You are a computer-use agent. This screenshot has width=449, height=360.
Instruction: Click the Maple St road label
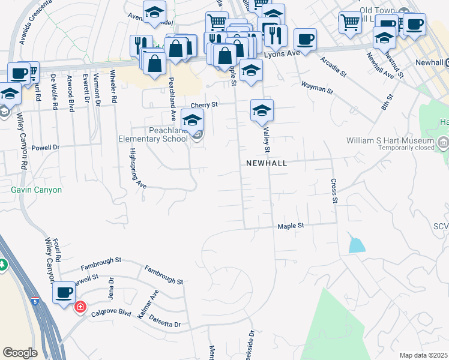292,226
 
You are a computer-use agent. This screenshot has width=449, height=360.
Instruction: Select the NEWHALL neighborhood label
267,163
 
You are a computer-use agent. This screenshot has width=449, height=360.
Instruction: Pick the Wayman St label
317,87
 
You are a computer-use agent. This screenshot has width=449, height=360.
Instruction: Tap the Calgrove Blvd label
111,313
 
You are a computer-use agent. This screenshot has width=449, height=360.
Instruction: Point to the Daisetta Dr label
164,321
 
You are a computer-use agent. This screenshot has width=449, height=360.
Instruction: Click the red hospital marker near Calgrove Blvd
79,307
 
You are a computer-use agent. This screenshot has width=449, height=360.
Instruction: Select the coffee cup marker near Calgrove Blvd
64,293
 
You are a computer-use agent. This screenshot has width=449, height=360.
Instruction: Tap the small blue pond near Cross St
357,244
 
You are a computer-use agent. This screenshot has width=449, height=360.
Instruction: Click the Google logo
20,353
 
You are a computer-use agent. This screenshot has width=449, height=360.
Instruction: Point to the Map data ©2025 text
423,355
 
